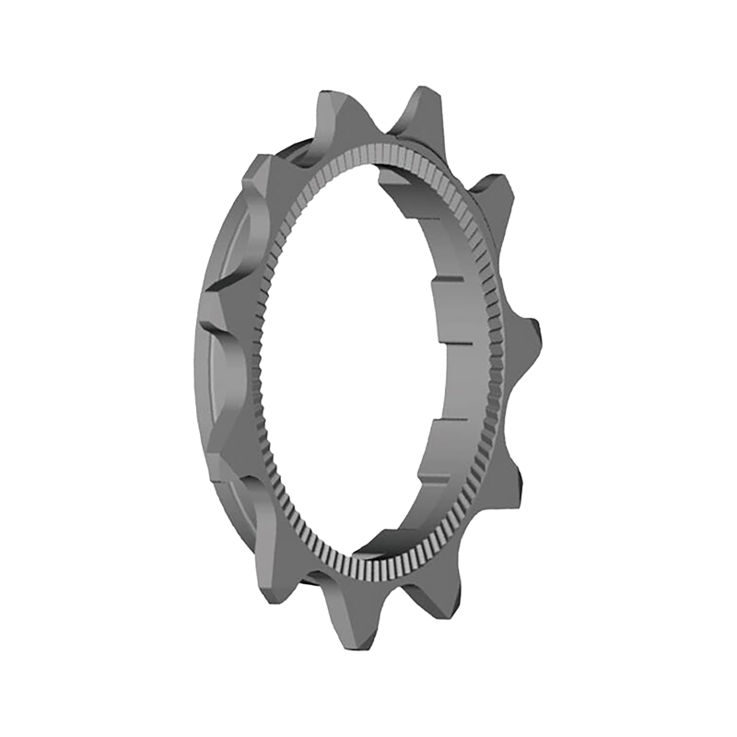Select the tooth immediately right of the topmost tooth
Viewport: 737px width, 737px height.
tap(497, 184)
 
